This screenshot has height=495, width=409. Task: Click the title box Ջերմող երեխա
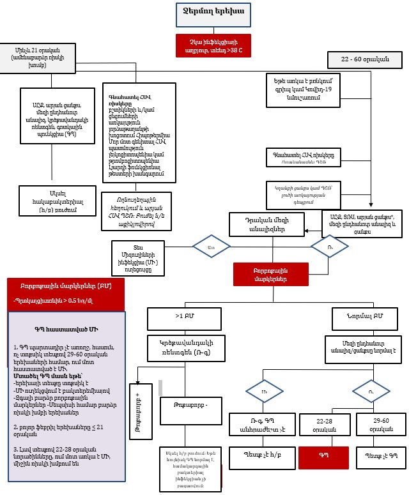point(213,13)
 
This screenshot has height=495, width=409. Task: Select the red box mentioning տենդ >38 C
point(213,45)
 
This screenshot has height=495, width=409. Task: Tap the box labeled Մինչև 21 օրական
point(37,56)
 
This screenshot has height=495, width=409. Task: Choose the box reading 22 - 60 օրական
point(364,60)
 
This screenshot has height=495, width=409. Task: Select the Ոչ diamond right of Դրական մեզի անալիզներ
point(329,246)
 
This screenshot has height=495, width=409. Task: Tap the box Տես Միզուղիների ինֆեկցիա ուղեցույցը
point(143,254)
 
